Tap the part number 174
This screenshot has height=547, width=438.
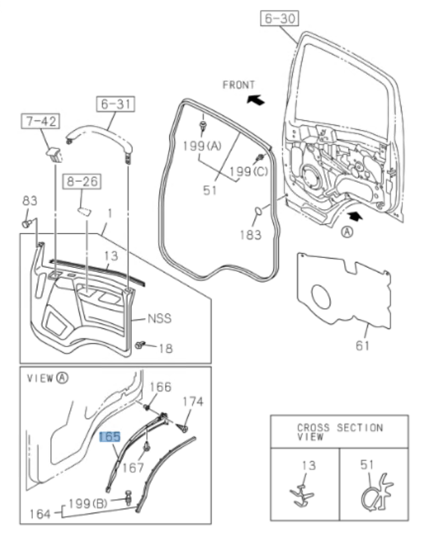tap(193, 401)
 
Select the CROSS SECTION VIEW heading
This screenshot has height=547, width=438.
tap(339, 432)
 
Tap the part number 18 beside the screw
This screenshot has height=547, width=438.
tap(166, 347)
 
